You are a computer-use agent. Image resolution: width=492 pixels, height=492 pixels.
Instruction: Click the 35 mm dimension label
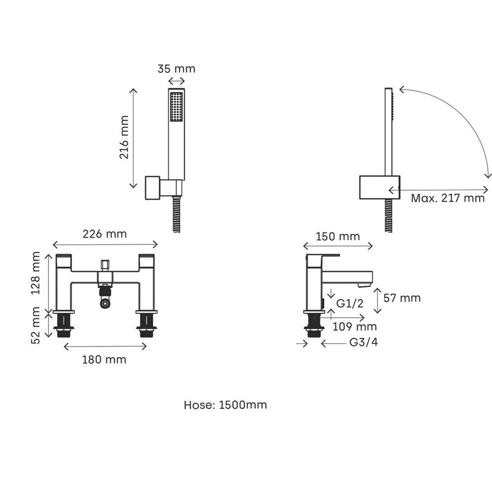(x=176, y=69)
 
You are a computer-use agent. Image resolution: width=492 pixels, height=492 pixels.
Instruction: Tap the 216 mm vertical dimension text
(x=124, y=137)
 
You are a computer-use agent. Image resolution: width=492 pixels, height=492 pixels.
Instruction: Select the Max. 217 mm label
(x=448, y=198)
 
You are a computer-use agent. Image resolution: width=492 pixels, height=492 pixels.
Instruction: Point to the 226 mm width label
(x=105, y=234)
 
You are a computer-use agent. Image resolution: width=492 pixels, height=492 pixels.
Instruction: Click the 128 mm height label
(x=36, y=273)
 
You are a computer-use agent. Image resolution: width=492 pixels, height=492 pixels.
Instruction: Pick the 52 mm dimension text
(x=36, y=326)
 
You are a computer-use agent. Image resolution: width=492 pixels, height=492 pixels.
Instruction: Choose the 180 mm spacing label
(x=104, y=360)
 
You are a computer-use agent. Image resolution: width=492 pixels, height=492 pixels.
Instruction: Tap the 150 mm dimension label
(x=338, y=237)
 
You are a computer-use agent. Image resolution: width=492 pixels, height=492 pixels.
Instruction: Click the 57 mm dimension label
(x=402, y=298)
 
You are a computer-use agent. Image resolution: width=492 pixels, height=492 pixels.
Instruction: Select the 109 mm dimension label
(x=355, y=326)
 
